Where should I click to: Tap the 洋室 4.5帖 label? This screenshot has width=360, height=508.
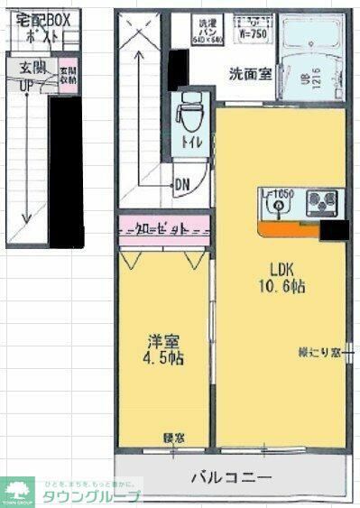165,350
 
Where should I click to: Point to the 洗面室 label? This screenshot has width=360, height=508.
248,75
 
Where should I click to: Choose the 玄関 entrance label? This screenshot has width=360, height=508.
27,68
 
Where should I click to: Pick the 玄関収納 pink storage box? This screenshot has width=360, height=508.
67,76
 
